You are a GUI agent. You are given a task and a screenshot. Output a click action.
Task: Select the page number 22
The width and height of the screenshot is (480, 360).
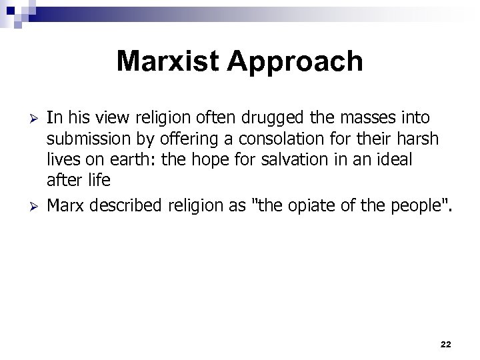[446, 343]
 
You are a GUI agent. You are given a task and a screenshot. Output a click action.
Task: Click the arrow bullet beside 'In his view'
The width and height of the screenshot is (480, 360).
[26, 119]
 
